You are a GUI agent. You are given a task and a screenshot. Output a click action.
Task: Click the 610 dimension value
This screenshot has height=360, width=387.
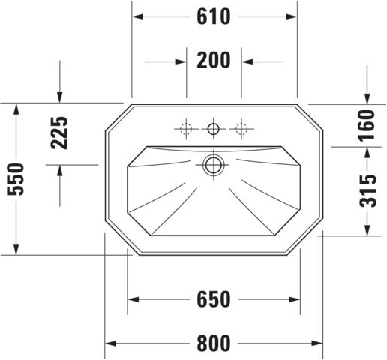[213, 16]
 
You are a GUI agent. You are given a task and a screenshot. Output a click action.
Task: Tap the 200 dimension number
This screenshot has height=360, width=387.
[213, 60]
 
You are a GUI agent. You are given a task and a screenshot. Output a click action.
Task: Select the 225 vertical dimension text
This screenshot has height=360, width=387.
[59, 133]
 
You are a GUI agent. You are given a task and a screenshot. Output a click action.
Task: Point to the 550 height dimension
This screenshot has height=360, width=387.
[16, 179]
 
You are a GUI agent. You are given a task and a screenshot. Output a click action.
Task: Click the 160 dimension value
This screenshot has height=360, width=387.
[367, 126]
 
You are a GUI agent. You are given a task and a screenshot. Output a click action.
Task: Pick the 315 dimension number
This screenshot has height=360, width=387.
[367, 191]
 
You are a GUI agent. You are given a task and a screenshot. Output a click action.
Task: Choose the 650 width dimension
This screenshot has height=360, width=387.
[213, 299]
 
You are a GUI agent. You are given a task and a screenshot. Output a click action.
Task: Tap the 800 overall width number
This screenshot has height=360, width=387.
[213, 343]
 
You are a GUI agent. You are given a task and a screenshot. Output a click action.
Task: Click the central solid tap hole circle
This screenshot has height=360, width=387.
[213, 129]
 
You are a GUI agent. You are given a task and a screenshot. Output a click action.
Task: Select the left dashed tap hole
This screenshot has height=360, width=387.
[186, 129]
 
